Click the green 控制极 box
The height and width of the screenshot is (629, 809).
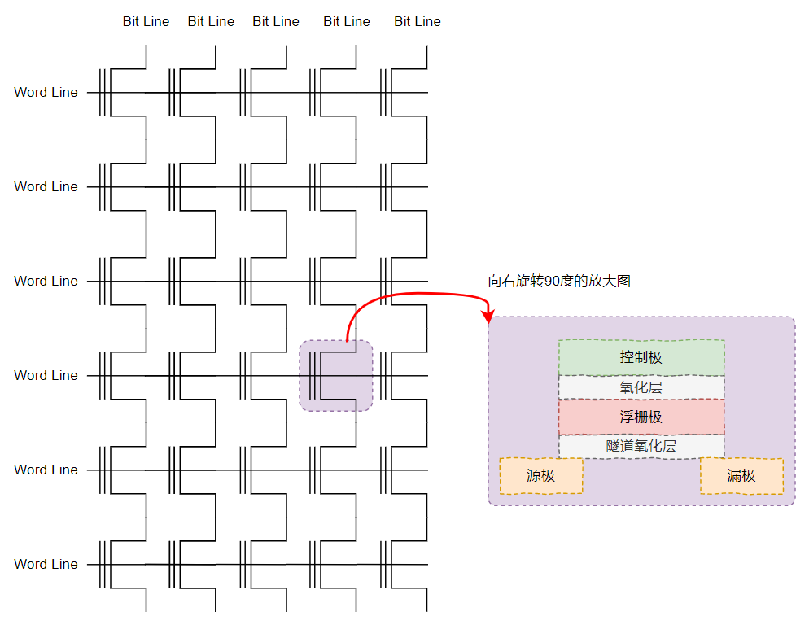[x=641, y=357]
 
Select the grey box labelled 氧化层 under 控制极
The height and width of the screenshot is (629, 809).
[x=641, y=387]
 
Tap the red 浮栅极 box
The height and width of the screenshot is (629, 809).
[x=641, y=417]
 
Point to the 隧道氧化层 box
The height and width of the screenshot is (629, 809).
[x=641, y=446]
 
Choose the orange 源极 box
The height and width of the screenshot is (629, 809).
[x=540, y=476]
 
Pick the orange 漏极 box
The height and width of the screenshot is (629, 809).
[x=741, y=476]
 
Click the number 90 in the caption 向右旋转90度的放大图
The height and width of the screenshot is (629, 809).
[x=553, y=282]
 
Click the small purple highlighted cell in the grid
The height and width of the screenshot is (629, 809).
[x=336, y=375]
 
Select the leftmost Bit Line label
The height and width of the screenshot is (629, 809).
[x=146, y=22]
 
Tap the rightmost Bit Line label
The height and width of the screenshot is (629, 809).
[x=417, y=22]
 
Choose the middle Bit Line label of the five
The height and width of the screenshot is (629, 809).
[x=276, y=22]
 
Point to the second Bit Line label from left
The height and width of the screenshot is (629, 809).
[x=211, y=22]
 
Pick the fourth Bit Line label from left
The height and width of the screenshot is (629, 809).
[x=347, y=22]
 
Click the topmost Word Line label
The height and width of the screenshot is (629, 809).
[x=46, y=93]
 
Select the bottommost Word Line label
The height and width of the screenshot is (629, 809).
[x=46, y=565]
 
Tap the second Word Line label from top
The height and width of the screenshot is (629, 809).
[x=46, y=187]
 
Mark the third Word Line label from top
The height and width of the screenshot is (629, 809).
[x=46, y=282]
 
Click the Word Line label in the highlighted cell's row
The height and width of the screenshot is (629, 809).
[x=46, y=376]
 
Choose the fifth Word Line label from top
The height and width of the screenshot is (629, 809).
[x=46, y=470]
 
